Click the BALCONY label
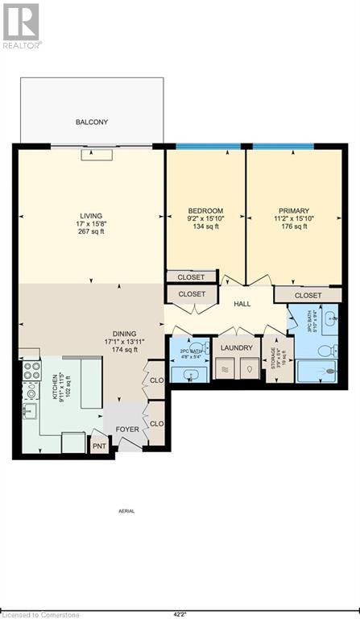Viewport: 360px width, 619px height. (x=92, y=123)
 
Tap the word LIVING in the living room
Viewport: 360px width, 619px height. (x=91, y=215)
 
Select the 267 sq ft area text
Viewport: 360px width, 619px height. (x=91, y=232)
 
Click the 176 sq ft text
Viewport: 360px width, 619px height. (x=289, y=226)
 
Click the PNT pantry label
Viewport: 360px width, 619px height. (x=99, y=445)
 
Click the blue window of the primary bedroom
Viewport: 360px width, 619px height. (x=284, y=147)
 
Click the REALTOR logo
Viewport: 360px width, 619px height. (x=21, y=25)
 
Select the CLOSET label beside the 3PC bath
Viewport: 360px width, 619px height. (x=308, y=296)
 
